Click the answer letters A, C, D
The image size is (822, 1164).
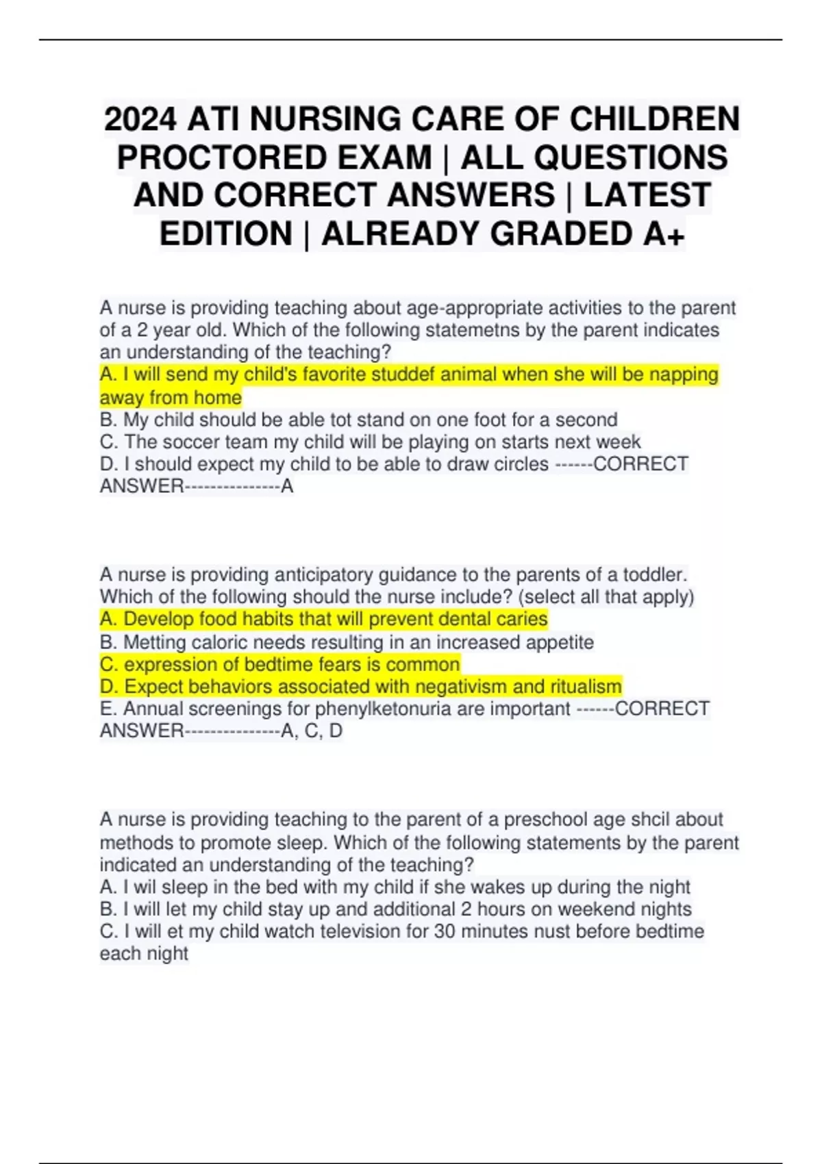pos(312,731)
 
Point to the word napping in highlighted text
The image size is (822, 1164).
pos(684,375)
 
